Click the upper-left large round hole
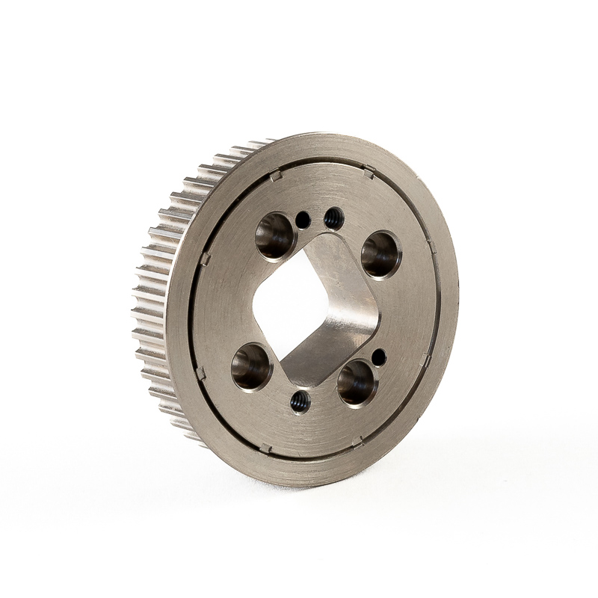tap(275, 235)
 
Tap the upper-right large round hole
tap(380, 254)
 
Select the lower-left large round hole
tap(251, 366)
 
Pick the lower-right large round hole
tap(357, 383)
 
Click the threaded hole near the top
tap(334, 218)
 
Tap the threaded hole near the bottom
tap(300, 401)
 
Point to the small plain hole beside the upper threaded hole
tap(303, 220)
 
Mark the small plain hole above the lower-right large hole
tap(379, 357)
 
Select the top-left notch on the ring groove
tap(275, 176)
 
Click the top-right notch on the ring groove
tap(369, 173)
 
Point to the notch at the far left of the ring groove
tap(205, 259)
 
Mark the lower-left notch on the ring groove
tap(200, 372)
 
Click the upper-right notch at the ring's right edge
tap(431, 246)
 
